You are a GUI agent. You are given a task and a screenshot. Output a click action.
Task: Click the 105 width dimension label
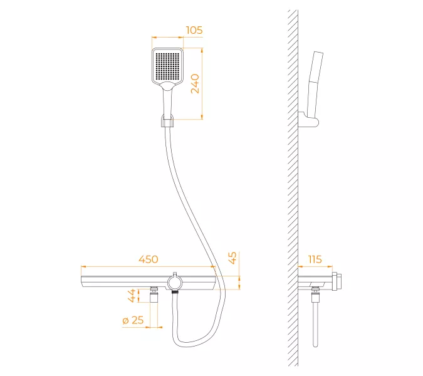pyautogui.click(x=194, y=30)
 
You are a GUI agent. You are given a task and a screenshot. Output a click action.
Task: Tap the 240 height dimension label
pyautogui.click(x=195, y=83)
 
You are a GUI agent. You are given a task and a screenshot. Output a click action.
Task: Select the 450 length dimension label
pyautogui.click(x=149, y=259)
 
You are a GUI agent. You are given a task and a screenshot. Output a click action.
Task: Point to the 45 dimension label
pyautogui.click(x=232, y=258)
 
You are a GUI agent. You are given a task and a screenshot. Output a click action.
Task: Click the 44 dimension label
pyautogui.click(x=132, y=295)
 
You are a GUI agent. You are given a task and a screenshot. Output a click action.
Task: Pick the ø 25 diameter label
pyautogui.click(x=133, y=320)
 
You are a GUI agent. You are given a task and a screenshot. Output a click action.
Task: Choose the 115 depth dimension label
pyautogui.click(x=315, y=259)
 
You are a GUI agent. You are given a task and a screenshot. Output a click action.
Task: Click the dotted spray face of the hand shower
pyautogui.click(x=167, y=65)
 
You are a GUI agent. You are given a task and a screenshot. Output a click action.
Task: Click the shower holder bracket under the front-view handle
pyautogui.click(x=167, y=121)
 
